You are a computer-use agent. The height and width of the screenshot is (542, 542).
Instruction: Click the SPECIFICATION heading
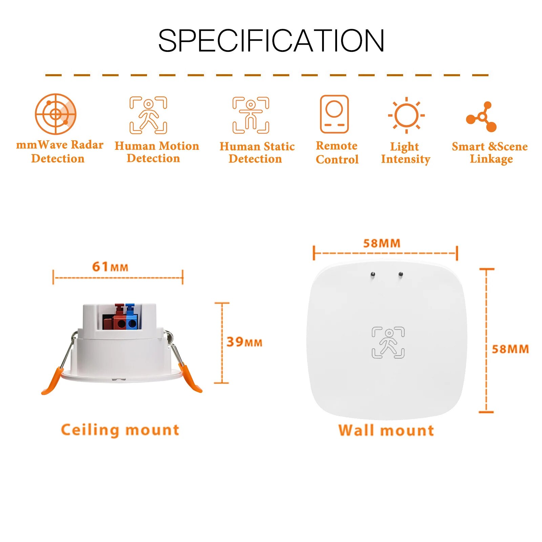click(271, 41)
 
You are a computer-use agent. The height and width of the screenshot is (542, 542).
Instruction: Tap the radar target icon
click(56, 114)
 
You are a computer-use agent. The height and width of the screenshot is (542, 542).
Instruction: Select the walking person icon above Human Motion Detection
click(148, 115)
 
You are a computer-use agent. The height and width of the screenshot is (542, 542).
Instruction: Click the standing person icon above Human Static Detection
click(251, 115)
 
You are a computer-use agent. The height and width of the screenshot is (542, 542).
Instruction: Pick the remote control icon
click(334, 114)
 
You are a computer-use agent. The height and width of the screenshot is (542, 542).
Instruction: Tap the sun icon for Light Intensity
click(406, 115)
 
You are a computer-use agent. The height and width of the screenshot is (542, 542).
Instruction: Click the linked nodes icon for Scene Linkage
click(482, 117)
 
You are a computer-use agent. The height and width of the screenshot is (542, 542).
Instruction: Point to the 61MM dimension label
click(110, 267)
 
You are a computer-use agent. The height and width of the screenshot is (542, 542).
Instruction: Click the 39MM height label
click(244, 342)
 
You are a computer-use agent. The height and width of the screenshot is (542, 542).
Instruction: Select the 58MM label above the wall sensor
click(382, 243)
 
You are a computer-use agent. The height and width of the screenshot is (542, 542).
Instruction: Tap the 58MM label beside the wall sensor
click(510, 349)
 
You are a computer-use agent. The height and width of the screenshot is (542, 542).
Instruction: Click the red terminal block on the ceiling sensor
click(119, 320)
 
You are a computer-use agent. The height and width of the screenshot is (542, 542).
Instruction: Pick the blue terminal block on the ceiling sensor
click(131, 320)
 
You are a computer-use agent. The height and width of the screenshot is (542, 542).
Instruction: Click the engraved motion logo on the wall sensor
click(388, 342)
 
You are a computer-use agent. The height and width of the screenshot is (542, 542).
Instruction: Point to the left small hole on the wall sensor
click(373, 274)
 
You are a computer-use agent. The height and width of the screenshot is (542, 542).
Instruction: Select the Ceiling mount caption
click(120, 430)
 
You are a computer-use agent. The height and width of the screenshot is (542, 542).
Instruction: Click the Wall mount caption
click(386, 431)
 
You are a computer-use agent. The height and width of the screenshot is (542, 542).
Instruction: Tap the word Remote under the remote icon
click(336, 146)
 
